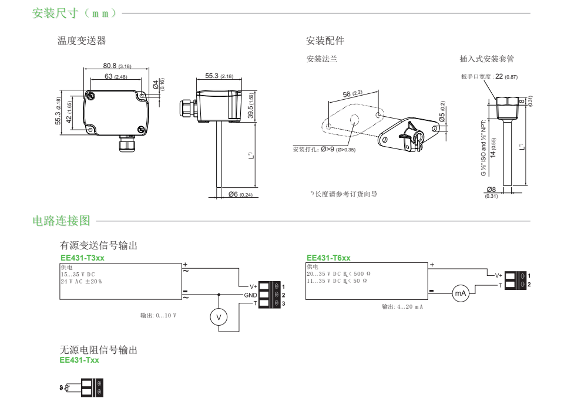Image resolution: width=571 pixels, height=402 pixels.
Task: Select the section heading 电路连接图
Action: tap(62, 221)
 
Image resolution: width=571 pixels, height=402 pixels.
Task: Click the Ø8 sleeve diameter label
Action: tap(492, 190)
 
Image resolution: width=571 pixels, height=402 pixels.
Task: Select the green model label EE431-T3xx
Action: tap(82, 258)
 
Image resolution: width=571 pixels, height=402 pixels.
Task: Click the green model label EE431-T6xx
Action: tap(328, 258)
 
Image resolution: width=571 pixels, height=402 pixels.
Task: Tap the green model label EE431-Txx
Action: tap(79, 360)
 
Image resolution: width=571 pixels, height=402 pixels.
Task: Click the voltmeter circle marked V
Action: tap(219, 317)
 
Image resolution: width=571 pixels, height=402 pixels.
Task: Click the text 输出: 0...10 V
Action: tap(158, 316)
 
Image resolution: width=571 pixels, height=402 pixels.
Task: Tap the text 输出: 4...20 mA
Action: tap(402, 307)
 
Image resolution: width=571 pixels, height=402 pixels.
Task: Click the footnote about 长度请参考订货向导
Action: tap(344, 194)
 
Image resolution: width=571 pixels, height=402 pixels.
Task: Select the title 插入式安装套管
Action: tap(487, 59)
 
